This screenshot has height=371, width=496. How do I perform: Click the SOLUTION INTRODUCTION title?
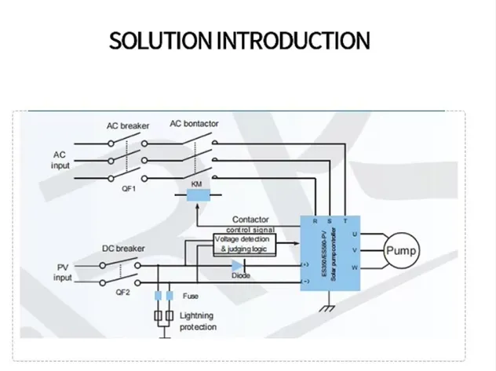point(239,42)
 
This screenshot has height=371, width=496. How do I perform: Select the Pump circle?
point(400,251)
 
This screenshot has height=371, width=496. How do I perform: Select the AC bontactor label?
point(194,124)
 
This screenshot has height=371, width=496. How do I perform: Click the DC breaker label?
point(123,249)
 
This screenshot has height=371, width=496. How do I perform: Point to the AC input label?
point(61,160)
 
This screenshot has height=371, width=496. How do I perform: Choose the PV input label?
point(61,272)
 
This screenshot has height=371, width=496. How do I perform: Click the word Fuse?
point(191,296)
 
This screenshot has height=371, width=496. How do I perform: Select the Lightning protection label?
point(199,321)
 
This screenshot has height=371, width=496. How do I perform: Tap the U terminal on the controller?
point(355,234)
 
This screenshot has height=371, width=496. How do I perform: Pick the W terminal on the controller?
point(355,267)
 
